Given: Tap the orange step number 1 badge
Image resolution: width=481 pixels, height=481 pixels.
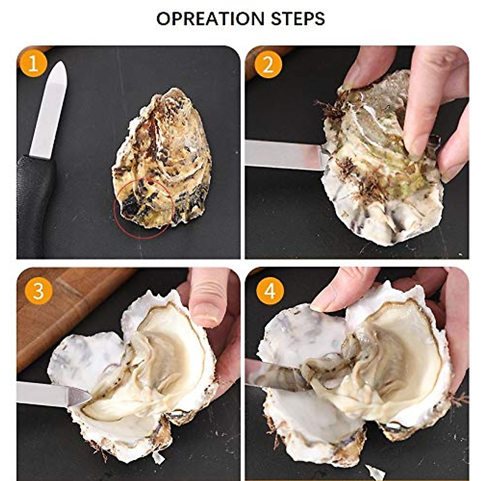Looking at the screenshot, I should click(33, 63).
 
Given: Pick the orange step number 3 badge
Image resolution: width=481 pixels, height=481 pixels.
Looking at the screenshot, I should click(38, 291).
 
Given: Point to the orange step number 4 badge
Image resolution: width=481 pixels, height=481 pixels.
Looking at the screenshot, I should click(270, 291).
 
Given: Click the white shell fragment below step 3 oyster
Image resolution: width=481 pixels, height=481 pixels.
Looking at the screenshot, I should click(158, 457).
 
